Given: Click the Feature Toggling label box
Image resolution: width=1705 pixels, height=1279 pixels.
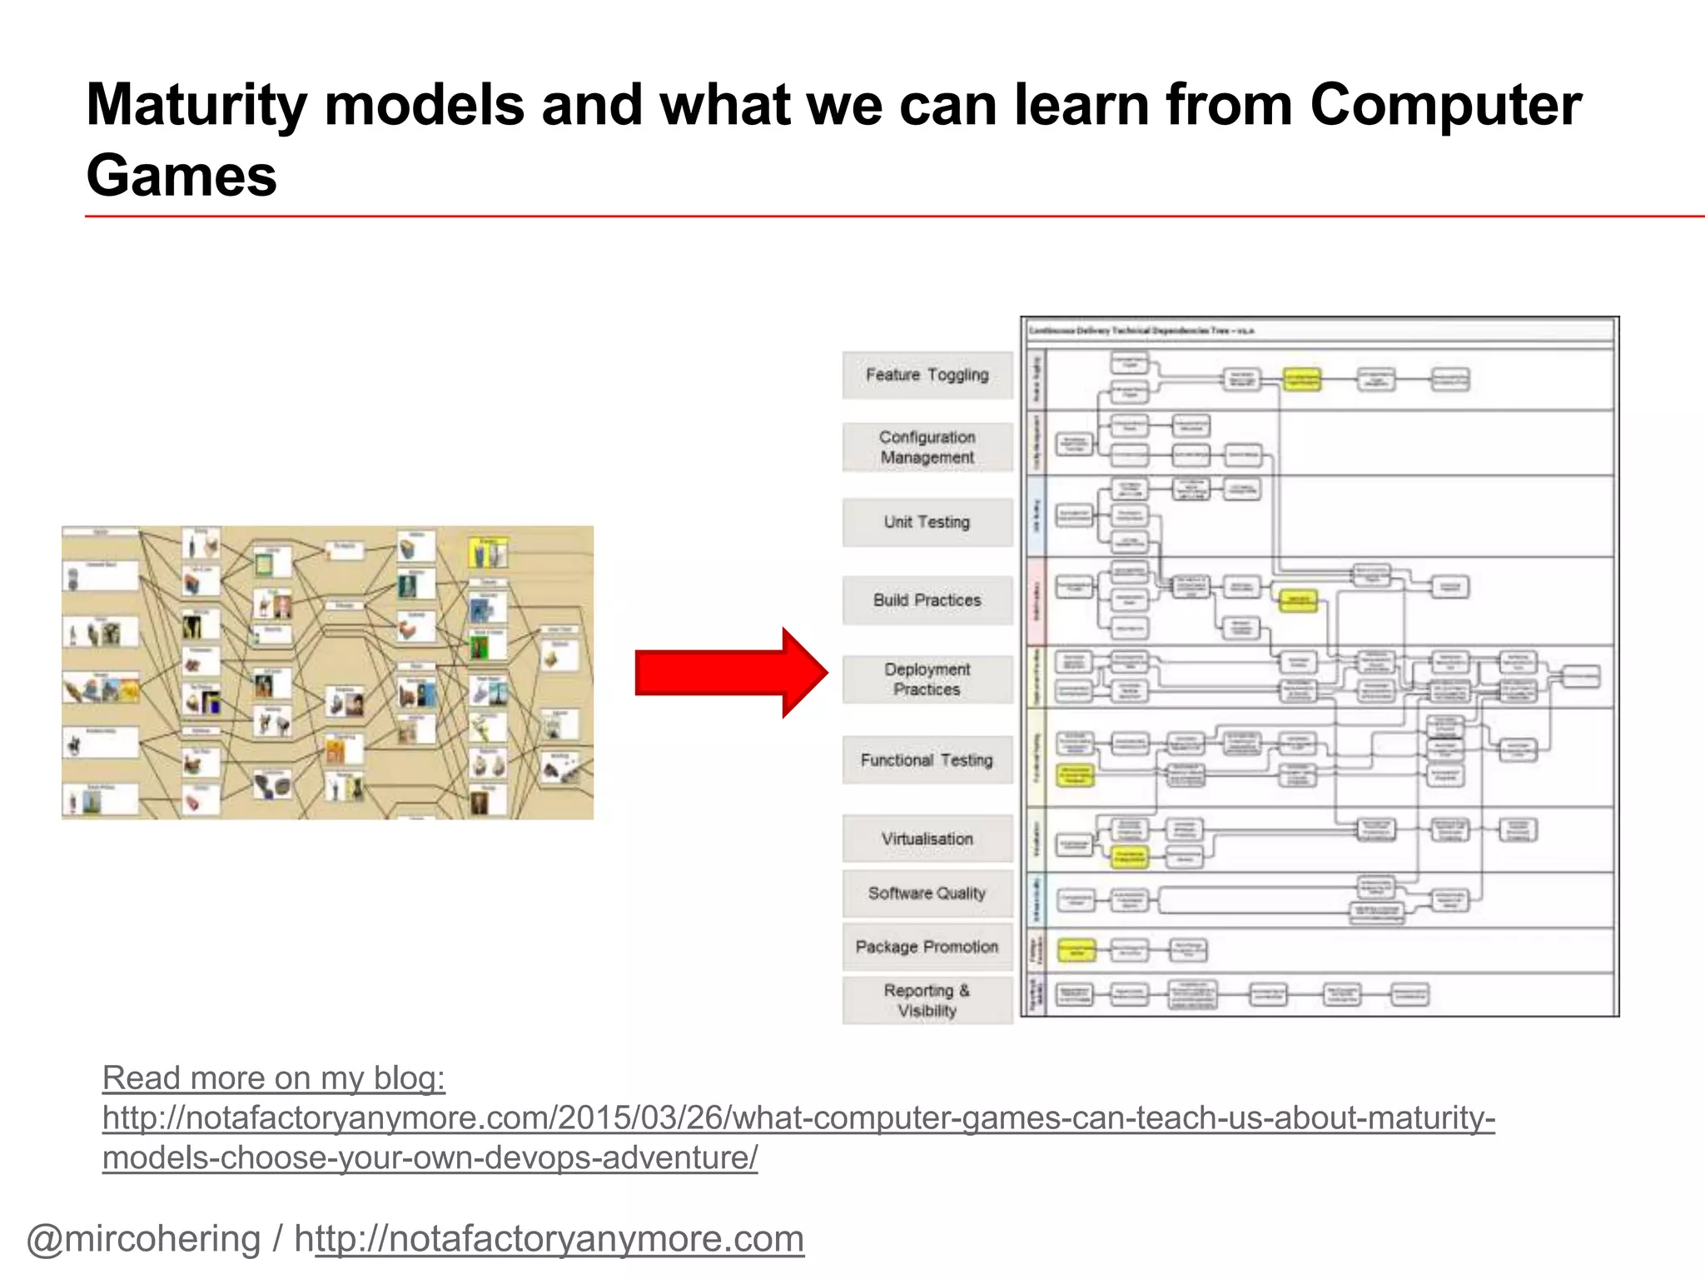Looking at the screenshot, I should [x=927, y=375].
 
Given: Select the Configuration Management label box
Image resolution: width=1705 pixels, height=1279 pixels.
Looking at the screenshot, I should [x=927, y=447].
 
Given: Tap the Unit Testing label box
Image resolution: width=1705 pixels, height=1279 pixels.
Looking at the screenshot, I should [x=927, y=522].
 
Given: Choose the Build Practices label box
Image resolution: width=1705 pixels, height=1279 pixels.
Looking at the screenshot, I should [x=927, y=600].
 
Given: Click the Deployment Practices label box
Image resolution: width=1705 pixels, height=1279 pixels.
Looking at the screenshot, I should [x=927, y=679].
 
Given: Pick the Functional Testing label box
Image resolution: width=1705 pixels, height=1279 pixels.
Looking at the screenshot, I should [x=927, y=760].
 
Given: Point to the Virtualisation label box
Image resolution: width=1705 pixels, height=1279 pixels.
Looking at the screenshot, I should [x=927, y=839].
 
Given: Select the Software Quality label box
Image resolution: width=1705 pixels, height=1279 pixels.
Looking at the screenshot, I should [x=927, y=893].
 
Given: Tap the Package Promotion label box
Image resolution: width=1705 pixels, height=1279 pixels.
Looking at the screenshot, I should [x=927, y=947].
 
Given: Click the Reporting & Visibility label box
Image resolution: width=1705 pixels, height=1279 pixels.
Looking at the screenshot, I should [x=927, y=1000].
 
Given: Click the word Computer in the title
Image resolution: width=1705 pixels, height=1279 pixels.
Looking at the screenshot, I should [x=1444, y=106].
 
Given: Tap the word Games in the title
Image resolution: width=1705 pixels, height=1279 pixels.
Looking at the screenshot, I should [x=181, y=177].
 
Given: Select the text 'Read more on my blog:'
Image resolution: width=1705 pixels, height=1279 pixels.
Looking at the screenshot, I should [x=274, y=1077].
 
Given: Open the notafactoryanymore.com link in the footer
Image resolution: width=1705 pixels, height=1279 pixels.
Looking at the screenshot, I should [x=559, y=1238].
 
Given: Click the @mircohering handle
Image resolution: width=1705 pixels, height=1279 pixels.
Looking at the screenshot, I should [x=143, y=1238].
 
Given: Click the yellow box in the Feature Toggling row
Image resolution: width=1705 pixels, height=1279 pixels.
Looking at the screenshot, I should [x=1301, y=380].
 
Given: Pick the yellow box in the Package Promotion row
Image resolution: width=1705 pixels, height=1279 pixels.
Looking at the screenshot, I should [x=1076, y=950].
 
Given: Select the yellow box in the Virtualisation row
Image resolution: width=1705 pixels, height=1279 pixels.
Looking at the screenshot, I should [x=1130, y=857].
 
